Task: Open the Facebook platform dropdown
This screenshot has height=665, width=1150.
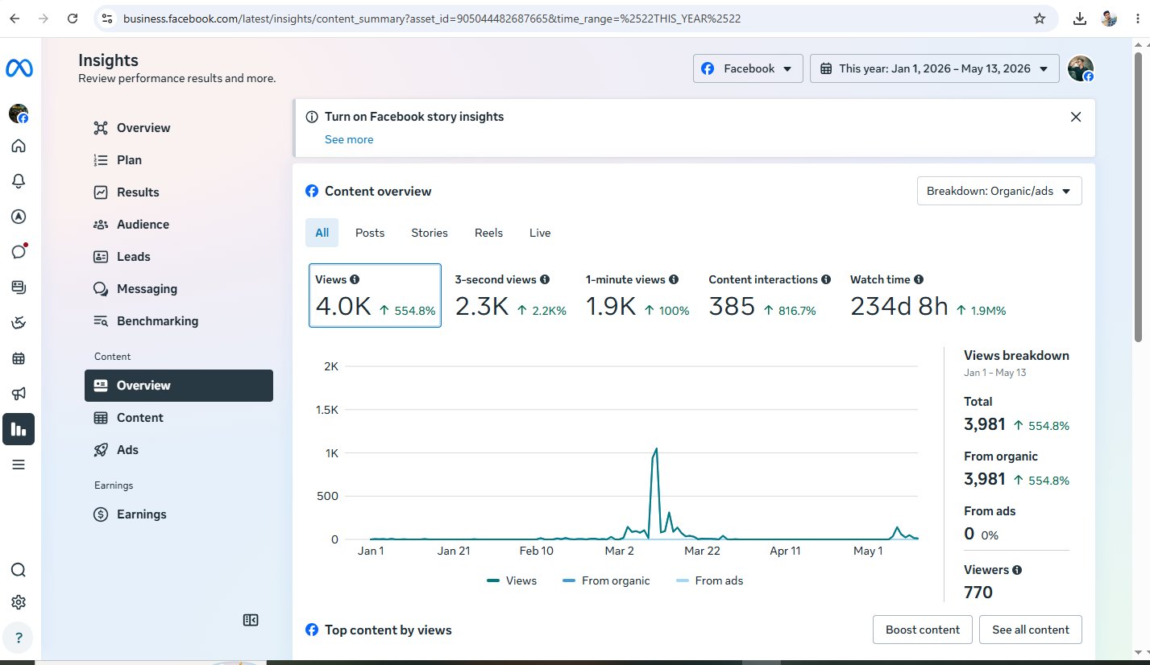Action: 748,68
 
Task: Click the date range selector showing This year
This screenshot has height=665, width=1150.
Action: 934,68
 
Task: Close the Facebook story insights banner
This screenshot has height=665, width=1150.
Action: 1076,117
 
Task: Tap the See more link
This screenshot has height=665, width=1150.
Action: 349,139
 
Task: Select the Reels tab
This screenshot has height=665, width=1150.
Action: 488,233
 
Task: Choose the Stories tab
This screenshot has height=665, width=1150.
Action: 430,233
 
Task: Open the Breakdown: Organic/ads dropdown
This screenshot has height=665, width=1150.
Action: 999,192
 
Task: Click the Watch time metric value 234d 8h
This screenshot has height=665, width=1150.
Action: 899,307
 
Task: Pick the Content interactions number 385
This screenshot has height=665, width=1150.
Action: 732,307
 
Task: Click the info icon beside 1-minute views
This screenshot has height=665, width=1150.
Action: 674,279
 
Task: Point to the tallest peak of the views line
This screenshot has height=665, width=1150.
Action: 656,449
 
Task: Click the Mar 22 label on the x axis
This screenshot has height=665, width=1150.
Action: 702,551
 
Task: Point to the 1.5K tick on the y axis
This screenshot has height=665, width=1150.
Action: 327,410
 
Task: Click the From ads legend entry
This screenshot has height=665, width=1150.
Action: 709,580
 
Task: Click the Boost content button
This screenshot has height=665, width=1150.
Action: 922,630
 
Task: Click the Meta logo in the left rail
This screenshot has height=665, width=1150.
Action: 19,68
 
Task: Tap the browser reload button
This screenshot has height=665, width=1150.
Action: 73,19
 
